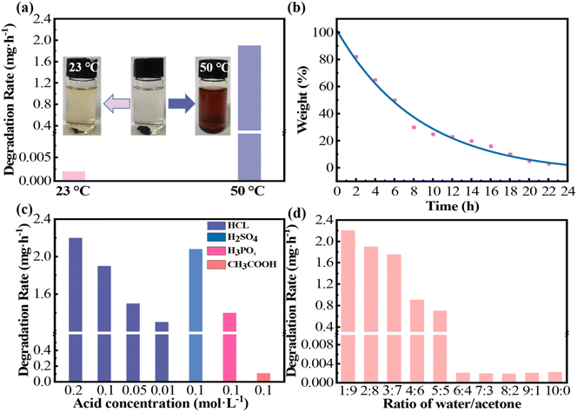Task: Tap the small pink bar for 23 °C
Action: pyautogui.click(x=74, y=176)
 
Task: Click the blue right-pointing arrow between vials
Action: pyautogui.click(x=179, y=105)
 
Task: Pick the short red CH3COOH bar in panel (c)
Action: pyautogui.click(x=263, y=376)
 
